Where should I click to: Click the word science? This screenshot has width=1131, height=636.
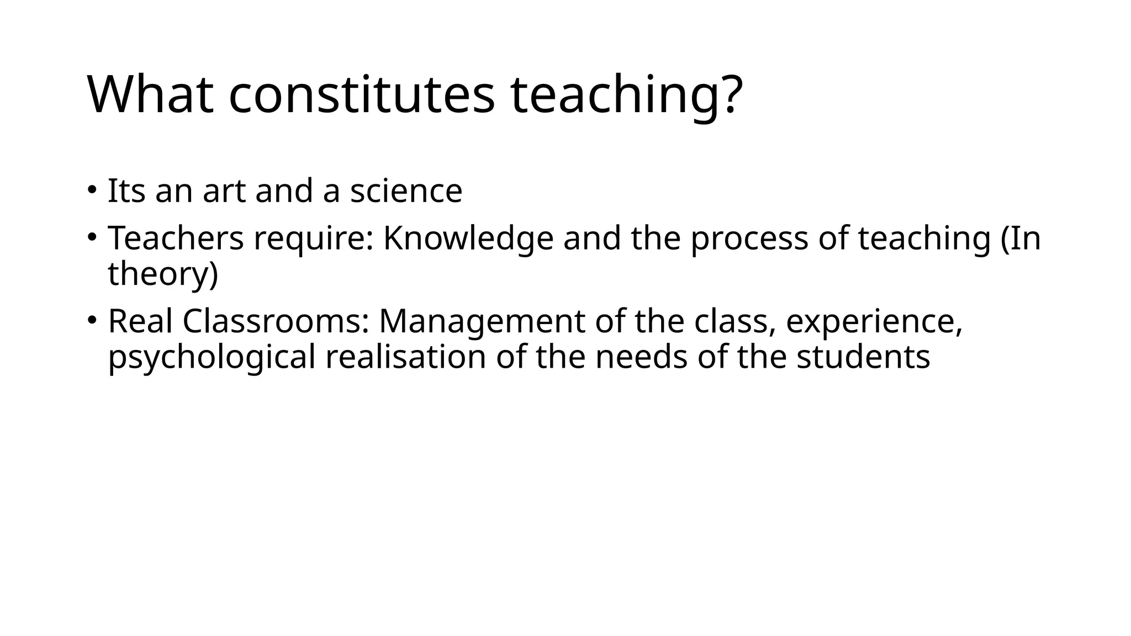(406, 191)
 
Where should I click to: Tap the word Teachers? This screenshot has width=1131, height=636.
(176, 239)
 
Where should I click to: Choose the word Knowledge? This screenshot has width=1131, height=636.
(468, 239)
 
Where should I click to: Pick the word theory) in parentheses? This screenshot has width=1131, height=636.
(163, 274)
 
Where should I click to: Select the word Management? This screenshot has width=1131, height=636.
(482, 321)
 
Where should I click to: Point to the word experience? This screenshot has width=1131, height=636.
(874, 321)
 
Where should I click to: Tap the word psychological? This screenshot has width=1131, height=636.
(212, 357)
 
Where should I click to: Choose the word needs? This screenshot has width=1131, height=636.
(641, 357)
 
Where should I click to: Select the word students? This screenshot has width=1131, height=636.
(863, 357)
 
